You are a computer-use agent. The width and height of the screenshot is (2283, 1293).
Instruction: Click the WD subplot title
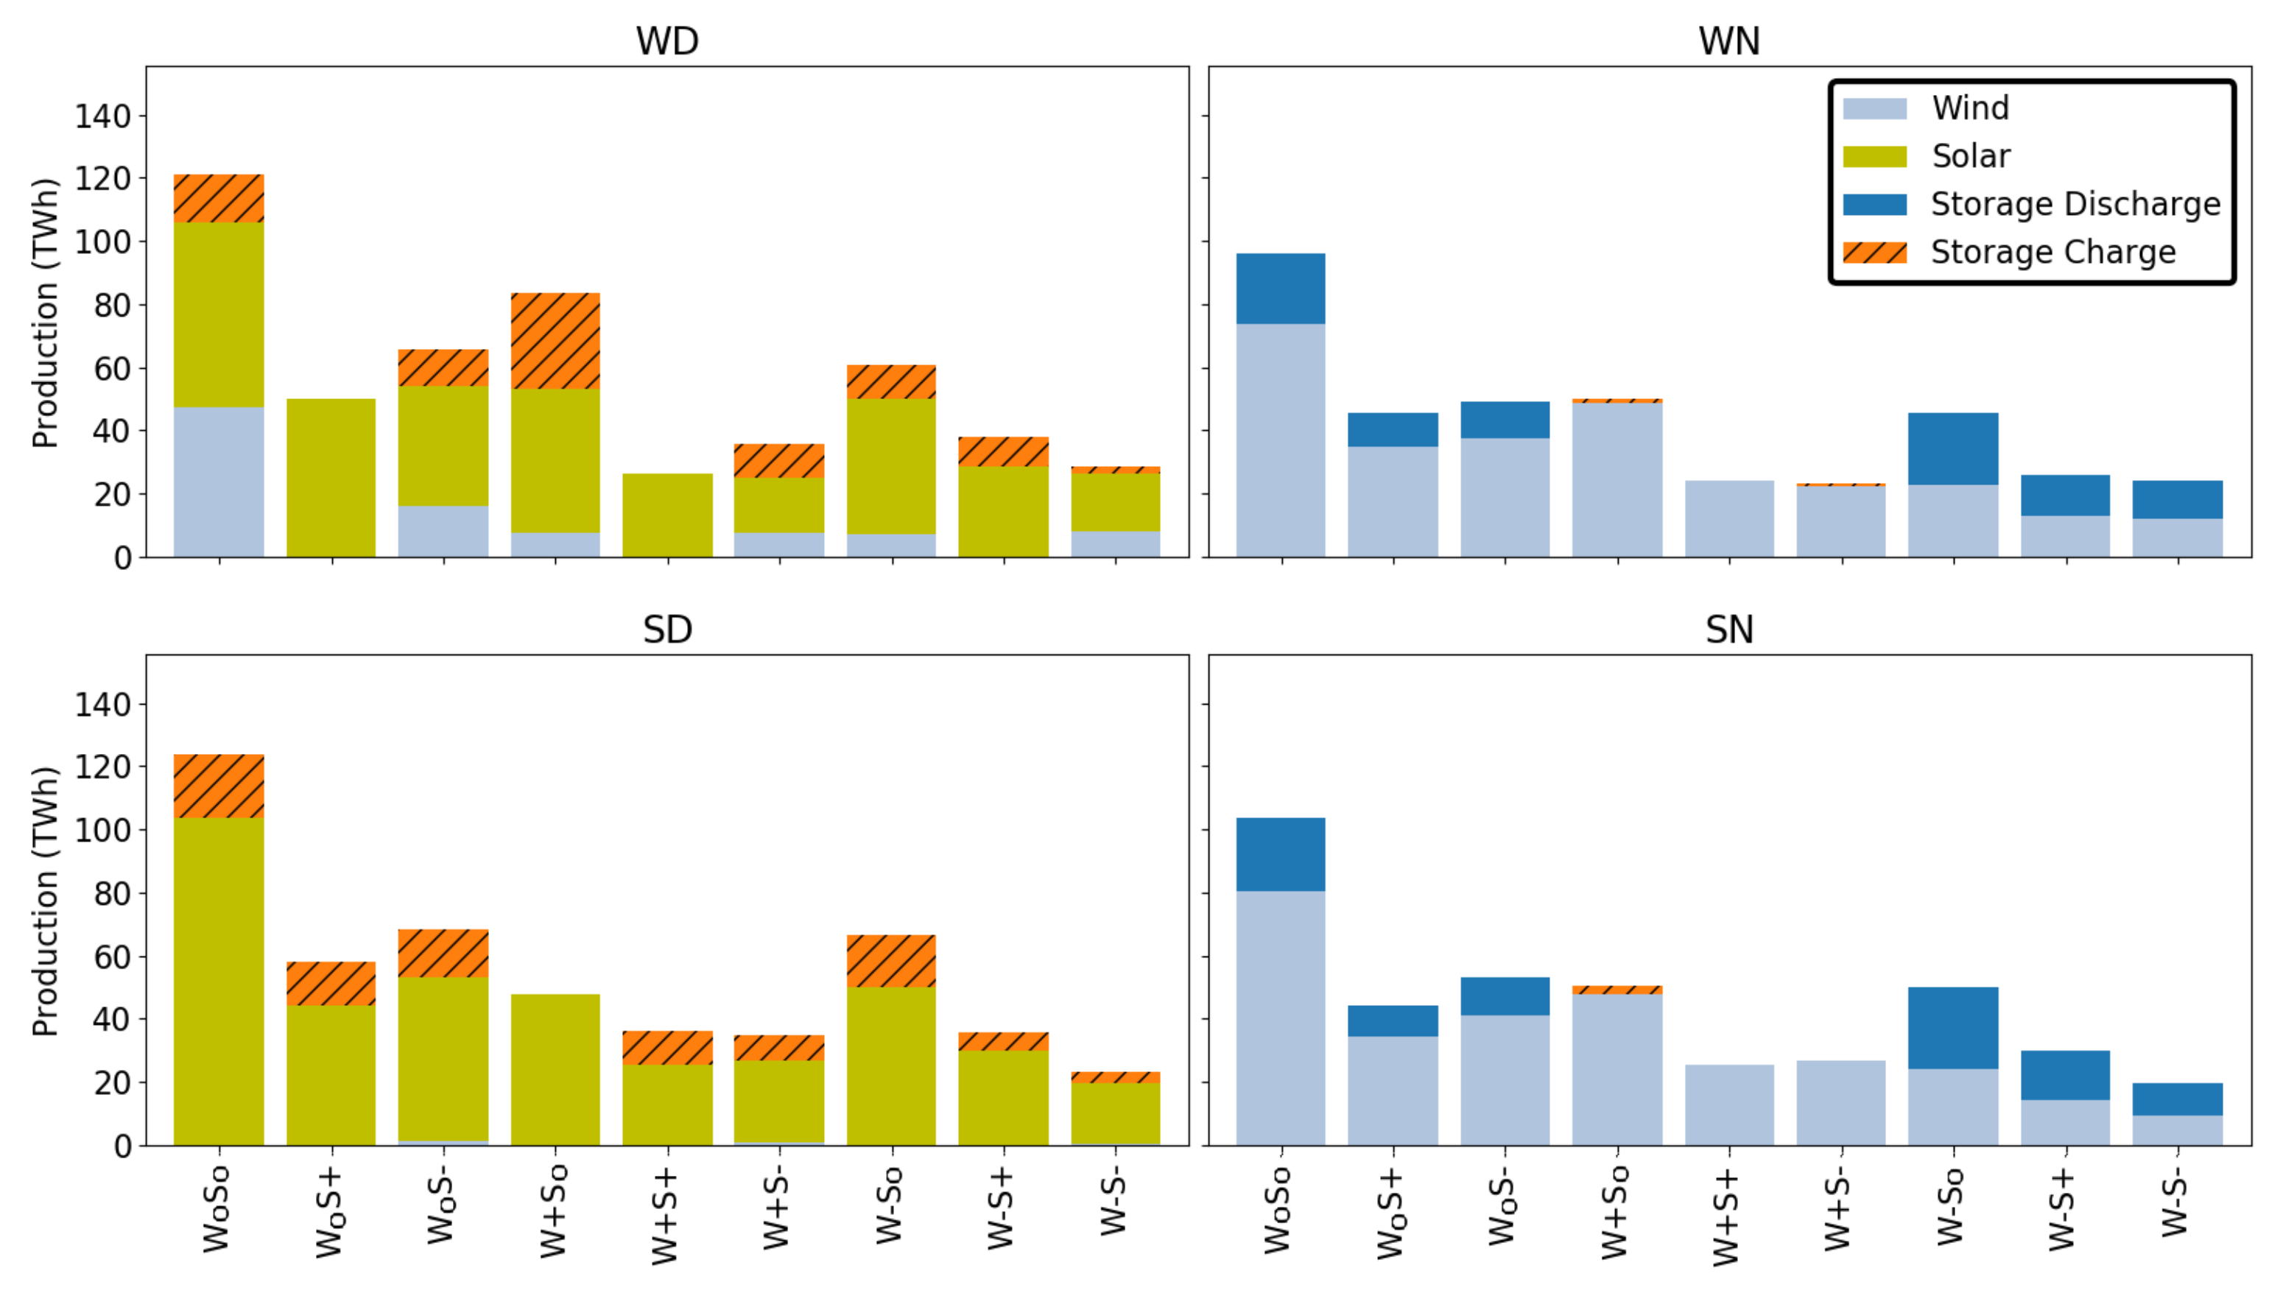667,40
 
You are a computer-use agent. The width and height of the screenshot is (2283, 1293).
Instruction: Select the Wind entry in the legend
1969,108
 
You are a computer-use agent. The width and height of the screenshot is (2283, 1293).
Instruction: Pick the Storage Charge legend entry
2052,253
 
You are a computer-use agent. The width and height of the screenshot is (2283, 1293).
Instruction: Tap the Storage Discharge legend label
2075,204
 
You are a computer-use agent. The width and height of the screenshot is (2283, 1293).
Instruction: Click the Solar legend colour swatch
1874,157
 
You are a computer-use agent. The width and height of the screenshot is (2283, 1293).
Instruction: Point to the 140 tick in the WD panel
102,116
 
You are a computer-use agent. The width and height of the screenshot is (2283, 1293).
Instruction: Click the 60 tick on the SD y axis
112,956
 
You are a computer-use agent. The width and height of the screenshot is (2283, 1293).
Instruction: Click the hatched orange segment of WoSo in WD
219,198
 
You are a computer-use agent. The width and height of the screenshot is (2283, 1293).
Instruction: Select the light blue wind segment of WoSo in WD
219,482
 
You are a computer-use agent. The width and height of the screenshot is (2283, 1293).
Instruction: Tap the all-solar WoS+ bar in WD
331,478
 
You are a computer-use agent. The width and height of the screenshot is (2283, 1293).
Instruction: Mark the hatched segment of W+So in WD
555,340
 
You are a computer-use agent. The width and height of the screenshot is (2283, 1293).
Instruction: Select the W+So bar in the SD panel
555,1069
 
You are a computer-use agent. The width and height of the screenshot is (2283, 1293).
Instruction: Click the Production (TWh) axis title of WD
44,313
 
